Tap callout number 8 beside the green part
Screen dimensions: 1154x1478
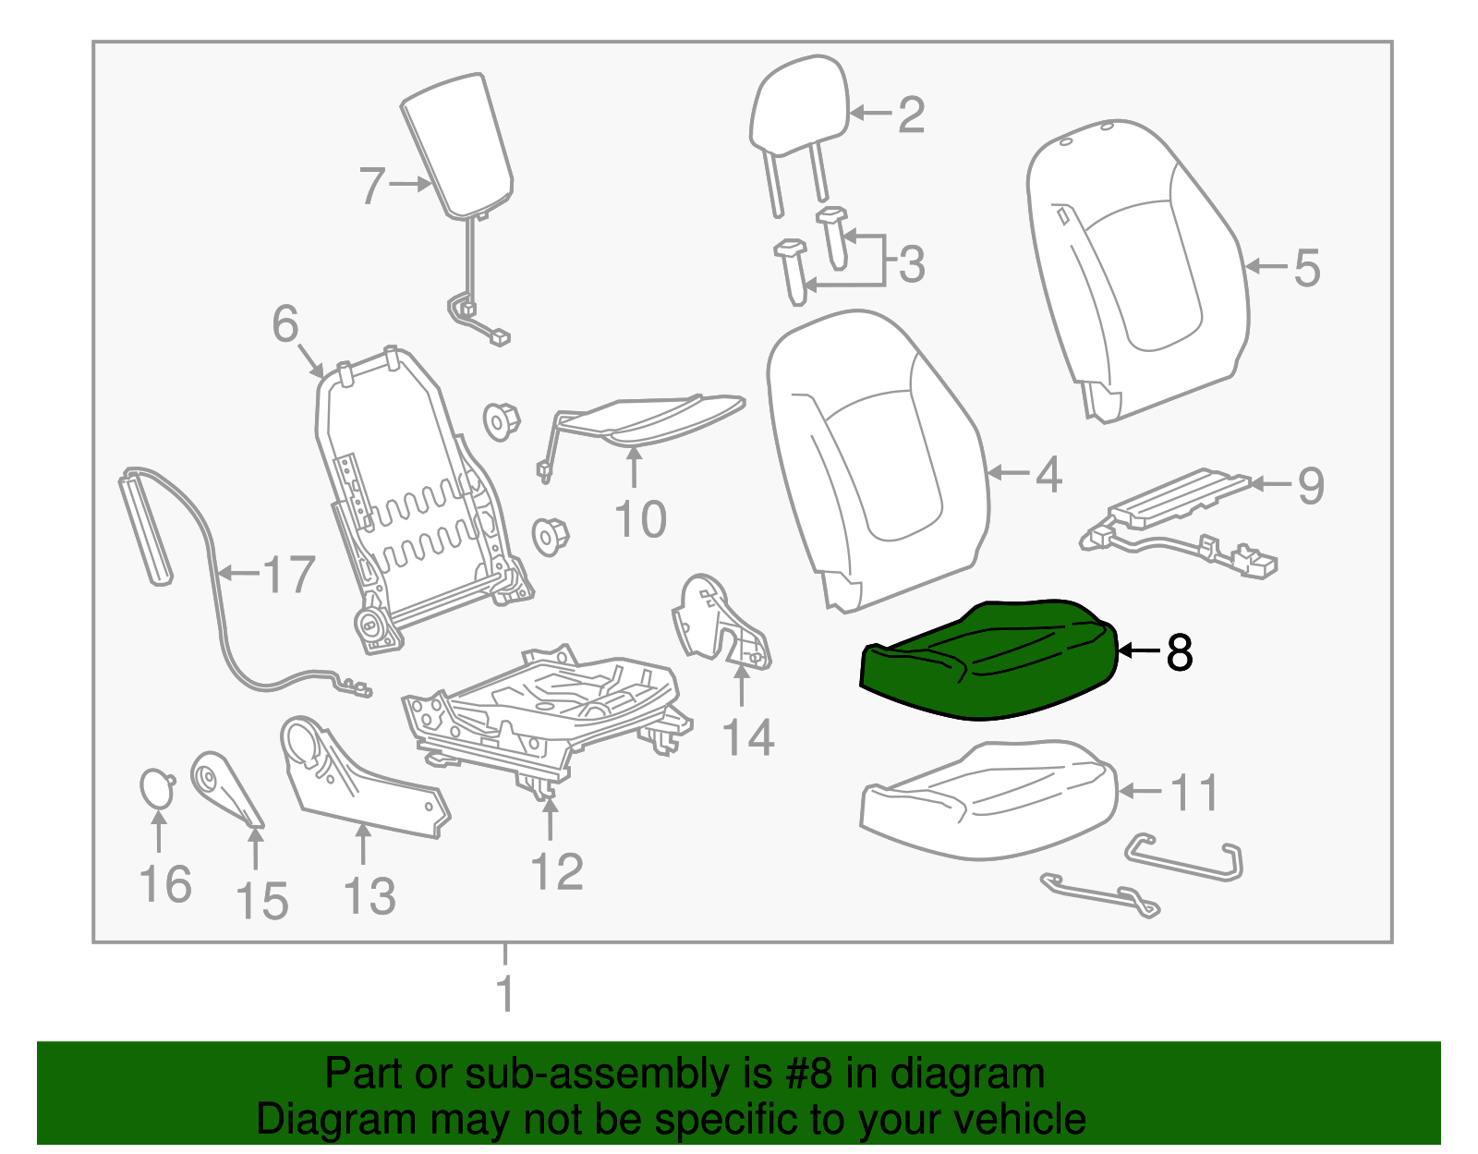(1180, 652)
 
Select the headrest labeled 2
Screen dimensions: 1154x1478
(799, 106)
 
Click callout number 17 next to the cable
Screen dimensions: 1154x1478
(289, 575)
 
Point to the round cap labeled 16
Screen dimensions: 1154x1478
(156, 788)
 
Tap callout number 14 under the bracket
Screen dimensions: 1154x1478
(747, 737)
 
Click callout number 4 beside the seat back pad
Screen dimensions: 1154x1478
(1048, 474)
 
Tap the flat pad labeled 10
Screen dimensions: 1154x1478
(651, 416)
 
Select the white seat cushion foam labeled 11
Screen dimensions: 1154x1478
(988, 799)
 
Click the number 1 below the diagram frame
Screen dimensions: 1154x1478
(504, 993)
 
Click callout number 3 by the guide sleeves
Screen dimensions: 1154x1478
(911, 264)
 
